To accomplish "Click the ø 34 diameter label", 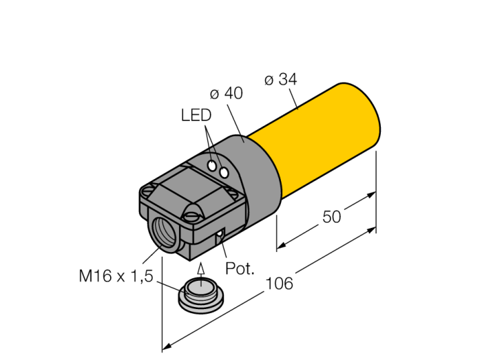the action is coord(281,79).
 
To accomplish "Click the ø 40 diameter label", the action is coord(227,93).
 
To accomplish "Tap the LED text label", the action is coord(196,115).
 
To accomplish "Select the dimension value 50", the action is coord(332,217).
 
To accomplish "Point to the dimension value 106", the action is coord(279,283).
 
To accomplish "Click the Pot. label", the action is coord(240,268).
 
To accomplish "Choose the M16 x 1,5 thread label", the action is coord(116,275).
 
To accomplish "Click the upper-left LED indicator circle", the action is coord(212,166).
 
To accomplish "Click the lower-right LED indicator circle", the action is coord(224,173).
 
